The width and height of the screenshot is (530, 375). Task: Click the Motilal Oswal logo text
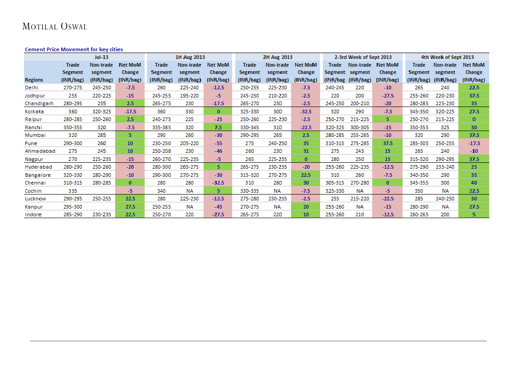pos(54,26)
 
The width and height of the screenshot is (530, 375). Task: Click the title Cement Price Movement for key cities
pos(73,49)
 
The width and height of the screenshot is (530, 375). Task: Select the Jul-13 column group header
pos(102,57)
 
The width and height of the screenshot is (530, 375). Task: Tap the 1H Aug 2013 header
pos(190,57)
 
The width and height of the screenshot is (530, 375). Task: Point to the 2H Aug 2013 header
pos(277,57)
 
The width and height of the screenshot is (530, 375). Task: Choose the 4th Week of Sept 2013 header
pos(447,57)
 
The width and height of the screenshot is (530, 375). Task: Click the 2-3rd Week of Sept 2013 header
pos(363,57)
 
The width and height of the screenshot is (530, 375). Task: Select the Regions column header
pos(34,80)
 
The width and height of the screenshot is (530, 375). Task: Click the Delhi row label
pos(32,88)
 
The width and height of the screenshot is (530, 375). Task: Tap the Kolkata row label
pos(34,112)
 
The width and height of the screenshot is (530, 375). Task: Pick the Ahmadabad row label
pos(40,151)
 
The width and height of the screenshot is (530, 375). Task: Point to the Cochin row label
pos(33,191)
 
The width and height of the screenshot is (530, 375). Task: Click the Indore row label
pos(33,214)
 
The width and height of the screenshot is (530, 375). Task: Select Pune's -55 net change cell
pos(218,143)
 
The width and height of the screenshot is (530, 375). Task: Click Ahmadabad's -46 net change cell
pos(218,151)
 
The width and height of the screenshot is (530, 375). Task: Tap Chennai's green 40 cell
pos(474,183)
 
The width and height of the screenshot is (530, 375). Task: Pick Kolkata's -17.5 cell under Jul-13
pos(130,112)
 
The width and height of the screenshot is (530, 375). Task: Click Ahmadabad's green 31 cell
pos(306,151)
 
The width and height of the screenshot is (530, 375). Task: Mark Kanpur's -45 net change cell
pos(218,207)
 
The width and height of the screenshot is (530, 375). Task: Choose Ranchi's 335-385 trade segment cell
pos(161,127)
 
